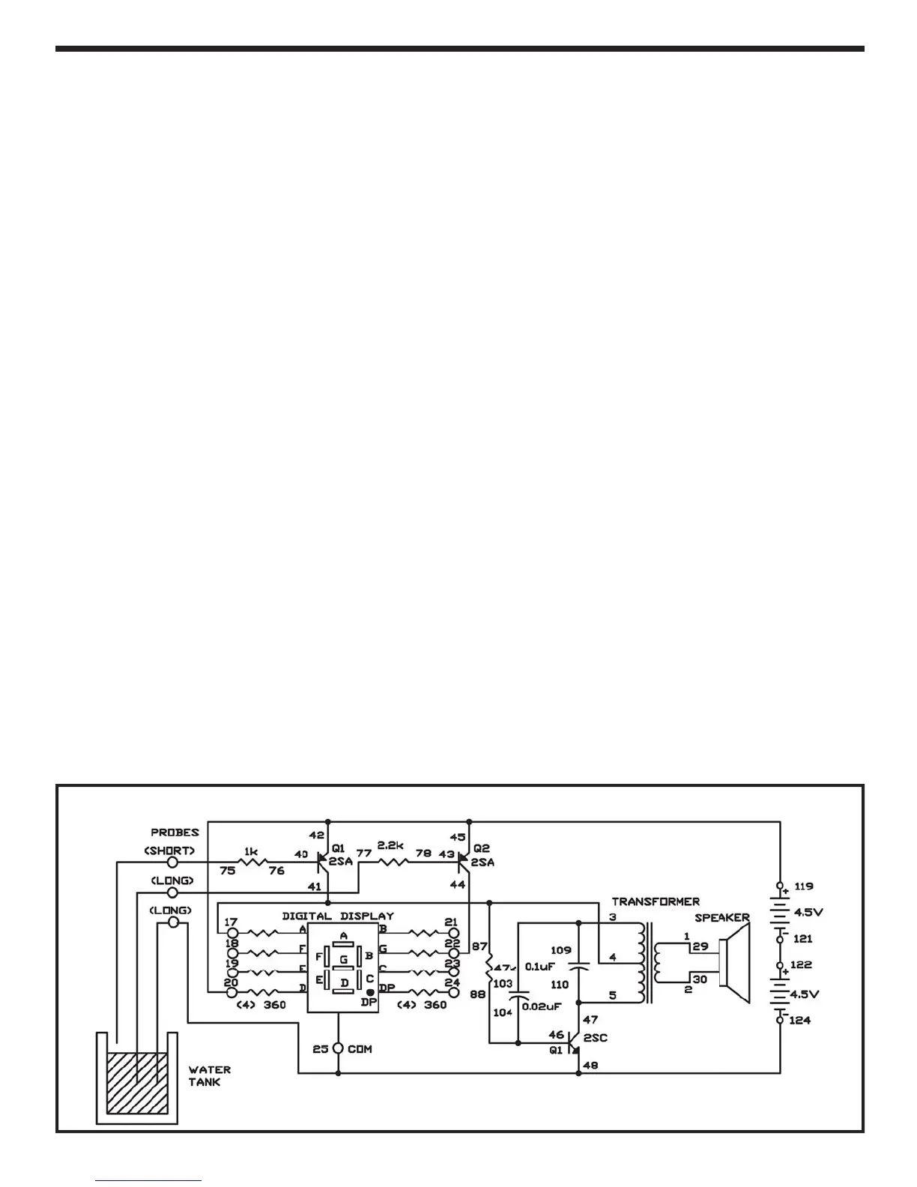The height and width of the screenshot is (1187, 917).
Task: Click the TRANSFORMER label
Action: [656, 901]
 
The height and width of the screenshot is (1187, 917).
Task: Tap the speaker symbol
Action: [734, 963]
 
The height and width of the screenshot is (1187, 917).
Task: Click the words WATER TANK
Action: [209, 1076]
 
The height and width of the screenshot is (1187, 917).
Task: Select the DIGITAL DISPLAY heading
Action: [337, 916]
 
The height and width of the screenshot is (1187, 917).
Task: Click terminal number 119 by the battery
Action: [803, 886]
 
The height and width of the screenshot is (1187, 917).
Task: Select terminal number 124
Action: [800, 1020]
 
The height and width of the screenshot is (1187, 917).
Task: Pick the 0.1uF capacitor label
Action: [539, 967]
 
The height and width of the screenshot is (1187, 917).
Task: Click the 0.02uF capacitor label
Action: [542, 1006]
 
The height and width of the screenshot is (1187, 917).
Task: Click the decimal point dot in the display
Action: [369, 991]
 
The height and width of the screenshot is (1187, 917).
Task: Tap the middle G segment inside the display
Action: [344, 960]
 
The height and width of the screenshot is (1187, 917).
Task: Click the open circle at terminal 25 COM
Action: [338, 1048]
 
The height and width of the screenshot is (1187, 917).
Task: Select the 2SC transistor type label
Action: [595, 1038]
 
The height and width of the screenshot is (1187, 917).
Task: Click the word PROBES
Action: [175, 833]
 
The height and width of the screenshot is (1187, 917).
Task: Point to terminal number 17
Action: [231, 922]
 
